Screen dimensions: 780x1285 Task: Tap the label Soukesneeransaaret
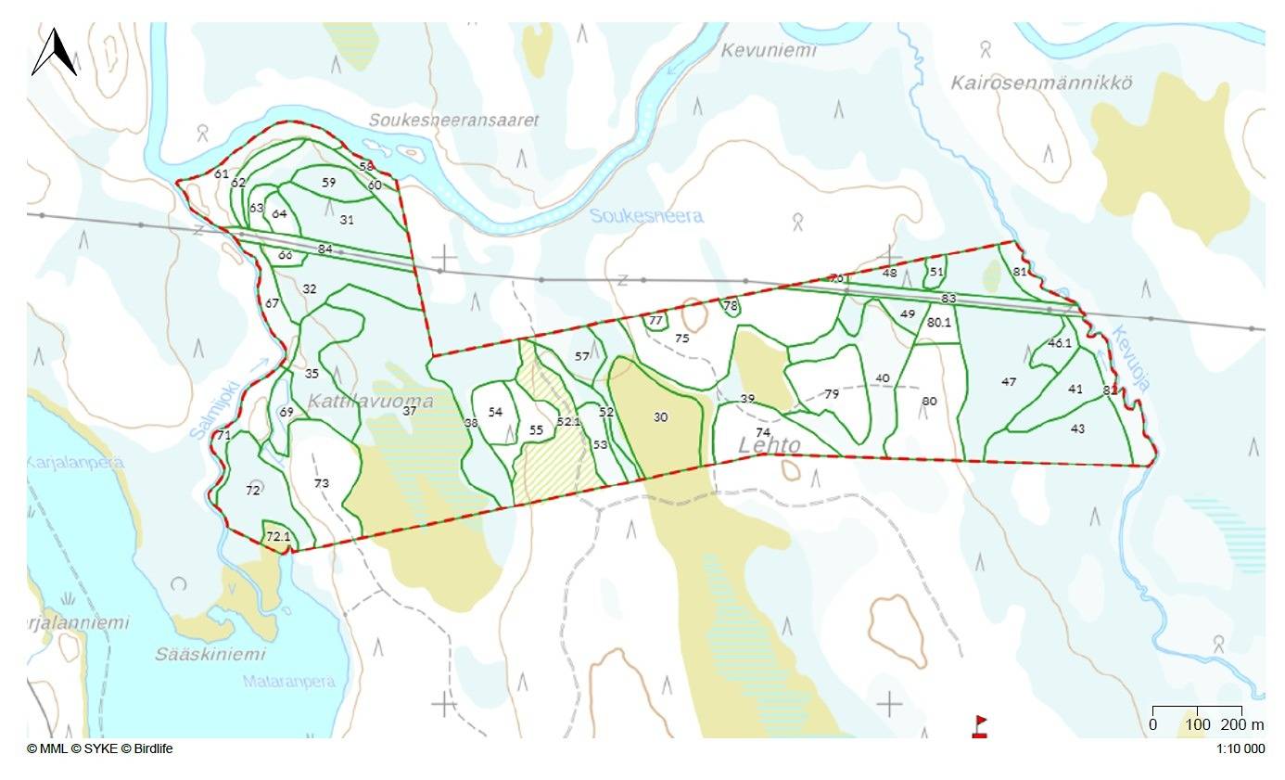point(453,121)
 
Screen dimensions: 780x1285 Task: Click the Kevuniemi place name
point(769,50)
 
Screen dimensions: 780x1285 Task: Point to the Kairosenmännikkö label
point(1041,83)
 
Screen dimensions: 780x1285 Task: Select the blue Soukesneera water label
point(646,216)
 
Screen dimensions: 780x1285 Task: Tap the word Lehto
point(769,445)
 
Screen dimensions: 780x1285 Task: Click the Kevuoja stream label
point(1130,358)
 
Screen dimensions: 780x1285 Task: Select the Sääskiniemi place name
point(210,654)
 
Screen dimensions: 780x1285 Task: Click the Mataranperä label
point(288,682)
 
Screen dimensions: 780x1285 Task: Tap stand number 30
point(660,417)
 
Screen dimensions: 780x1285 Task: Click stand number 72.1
point(278,537)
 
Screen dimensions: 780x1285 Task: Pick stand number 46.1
point(1060,343)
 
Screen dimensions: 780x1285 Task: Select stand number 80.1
point(939,323)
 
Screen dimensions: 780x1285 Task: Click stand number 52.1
point(568,421)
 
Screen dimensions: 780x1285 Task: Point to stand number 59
point(329,183)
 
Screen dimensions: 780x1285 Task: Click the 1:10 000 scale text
point(1240,749)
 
